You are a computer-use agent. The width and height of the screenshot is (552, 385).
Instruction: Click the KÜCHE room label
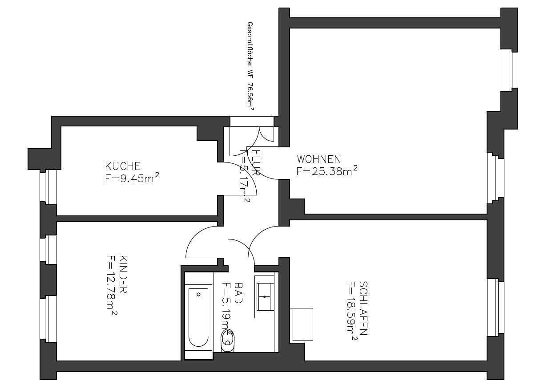(x=123, y=166)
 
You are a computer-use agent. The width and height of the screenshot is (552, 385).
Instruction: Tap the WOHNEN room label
(x=319, y=159)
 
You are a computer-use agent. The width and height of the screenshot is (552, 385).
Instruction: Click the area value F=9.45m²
(x=132, y=178)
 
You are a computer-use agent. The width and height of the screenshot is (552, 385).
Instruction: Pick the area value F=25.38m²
(x=327, y=170)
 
